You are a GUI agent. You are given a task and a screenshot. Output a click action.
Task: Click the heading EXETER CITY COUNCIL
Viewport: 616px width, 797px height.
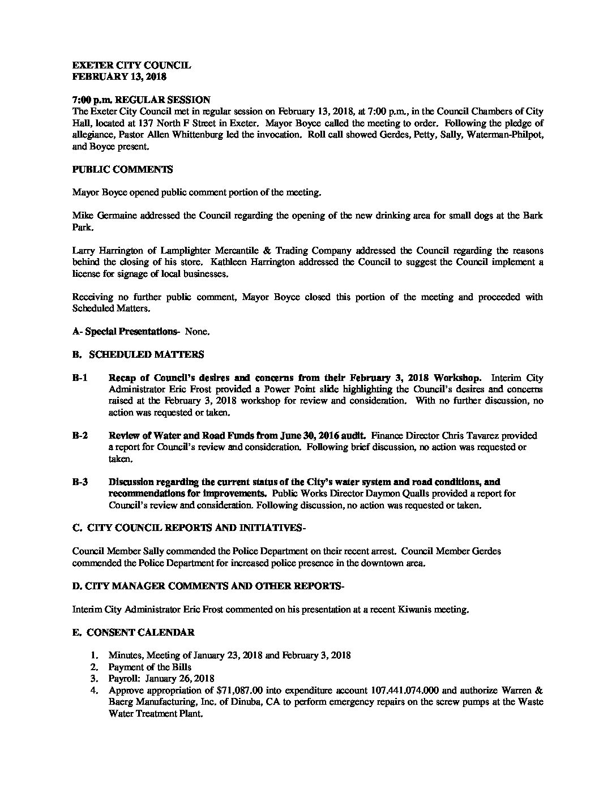click(131, 65)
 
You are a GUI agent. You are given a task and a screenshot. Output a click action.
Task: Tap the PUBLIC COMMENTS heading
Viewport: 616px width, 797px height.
click(122, 169)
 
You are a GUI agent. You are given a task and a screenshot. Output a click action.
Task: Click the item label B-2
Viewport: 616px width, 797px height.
click(80, 436)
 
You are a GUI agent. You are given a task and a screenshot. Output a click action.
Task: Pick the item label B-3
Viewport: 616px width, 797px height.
click(80, 482)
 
